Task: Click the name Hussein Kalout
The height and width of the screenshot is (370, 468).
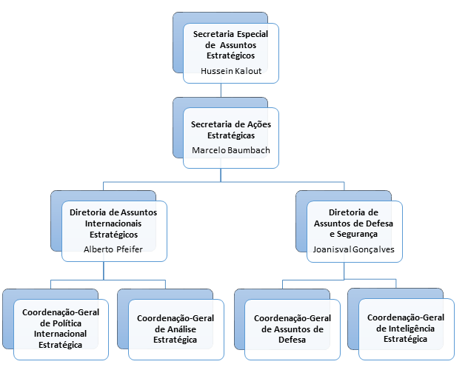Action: (230, 72)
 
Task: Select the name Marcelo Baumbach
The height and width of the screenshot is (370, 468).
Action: (230, 150)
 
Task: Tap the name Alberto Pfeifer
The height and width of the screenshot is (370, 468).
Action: (113, 249)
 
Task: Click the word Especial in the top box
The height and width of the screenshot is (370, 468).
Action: (249, 34)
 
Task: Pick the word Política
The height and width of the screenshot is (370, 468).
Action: (71, 323)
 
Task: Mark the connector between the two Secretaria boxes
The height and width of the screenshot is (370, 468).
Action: (221, 89)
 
